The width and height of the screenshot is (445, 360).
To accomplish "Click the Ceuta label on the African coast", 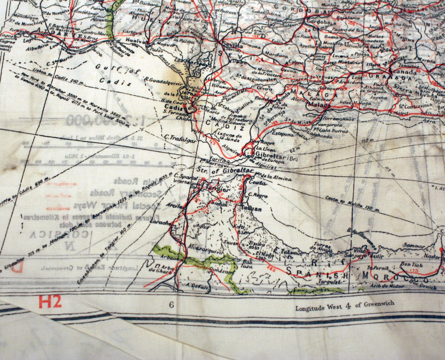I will tap(256, 183).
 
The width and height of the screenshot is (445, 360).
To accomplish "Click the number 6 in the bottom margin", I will tap(171, 305).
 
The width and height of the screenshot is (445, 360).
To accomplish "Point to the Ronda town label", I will tap(260, 97).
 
